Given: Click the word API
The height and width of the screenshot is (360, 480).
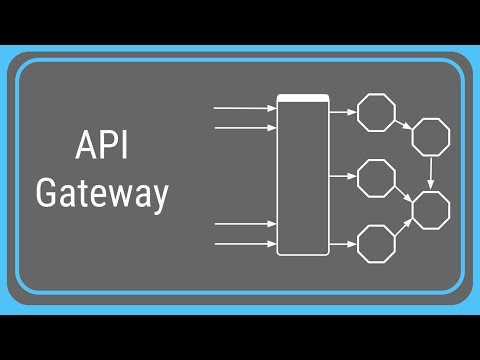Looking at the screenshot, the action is pos(101,146).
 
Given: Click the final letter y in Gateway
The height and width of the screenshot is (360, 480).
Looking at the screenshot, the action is pos(158,196).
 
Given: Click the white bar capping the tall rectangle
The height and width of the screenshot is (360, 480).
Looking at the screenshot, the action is pos(303,98).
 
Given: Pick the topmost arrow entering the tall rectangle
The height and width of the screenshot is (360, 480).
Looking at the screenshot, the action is pos(245,107).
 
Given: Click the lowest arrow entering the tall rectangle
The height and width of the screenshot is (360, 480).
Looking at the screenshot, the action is pos(245,243).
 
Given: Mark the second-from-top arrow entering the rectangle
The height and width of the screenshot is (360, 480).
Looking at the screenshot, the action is pos(245,128).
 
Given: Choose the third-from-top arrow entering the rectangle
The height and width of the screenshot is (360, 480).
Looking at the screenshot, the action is pos(245,223).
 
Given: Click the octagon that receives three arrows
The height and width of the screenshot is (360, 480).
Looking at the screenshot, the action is pos(431,209).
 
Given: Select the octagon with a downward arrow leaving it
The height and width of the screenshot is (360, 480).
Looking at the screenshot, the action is pos(431,136).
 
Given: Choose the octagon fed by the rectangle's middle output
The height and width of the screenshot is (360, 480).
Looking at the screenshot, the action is pos(376,178).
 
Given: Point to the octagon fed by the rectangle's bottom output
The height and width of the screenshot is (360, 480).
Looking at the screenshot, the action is pos(376,243).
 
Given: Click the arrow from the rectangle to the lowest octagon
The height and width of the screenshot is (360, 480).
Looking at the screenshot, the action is pos(342,243).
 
